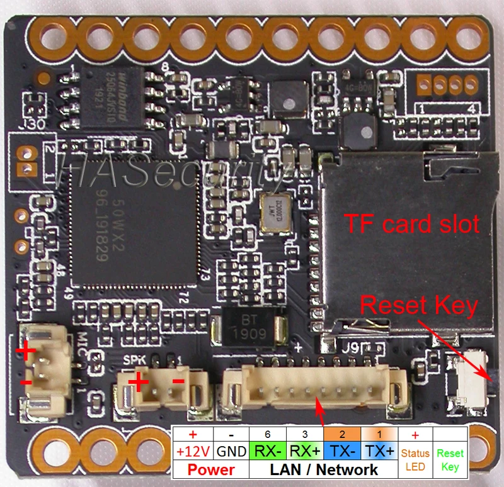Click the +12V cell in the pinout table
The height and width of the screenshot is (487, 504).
click(193, 452)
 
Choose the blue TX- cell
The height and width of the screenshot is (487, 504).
click(342, 452)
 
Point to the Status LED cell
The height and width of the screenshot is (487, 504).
click(415, 460)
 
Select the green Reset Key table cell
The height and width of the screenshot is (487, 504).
click(450, 460)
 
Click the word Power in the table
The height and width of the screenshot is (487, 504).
click(211, 470)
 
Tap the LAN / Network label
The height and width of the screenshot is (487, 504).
click(324, 470)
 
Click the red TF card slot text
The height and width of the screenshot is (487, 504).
click(411, 223)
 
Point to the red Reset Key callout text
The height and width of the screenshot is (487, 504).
click(418, 306)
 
